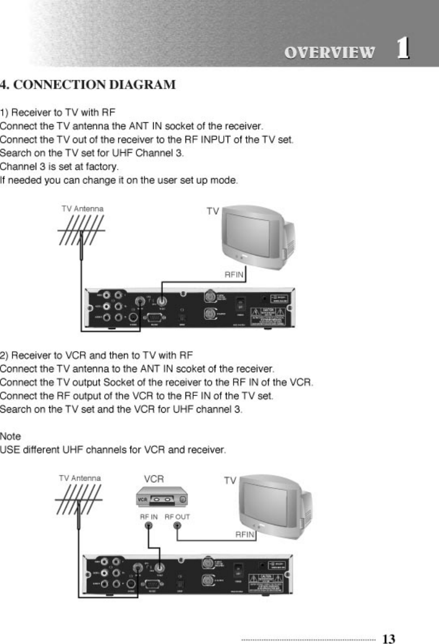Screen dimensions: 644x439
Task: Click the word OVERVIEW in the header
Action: (330, 52)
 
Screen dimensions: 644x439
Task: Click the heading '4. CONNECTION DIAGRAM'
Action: (88, 85)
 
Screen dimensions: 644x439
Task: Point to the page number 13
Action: (389, 639)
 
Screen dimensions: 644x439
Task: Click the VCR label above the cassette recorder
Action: (154, 478)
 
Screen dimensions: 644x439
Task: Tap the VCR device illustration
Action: (160, 498)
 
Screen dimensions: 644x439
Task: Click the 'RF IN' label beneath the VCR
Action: (149, 516)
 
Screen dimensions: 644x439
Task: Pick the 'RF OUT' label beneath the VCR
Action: (177, 516)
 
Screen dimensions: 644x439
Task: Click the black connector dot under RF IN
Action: (147, 527)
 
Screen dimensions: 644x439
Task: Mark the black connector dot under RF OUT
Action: (177, 527)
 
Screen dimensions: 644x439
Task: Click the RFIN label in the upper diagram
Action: (235, 275)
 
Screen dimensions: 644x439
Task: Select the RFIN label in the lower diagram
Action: (245, 534)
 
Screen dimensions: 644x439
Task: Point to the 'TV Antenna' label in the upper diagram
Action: (83, 208)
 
